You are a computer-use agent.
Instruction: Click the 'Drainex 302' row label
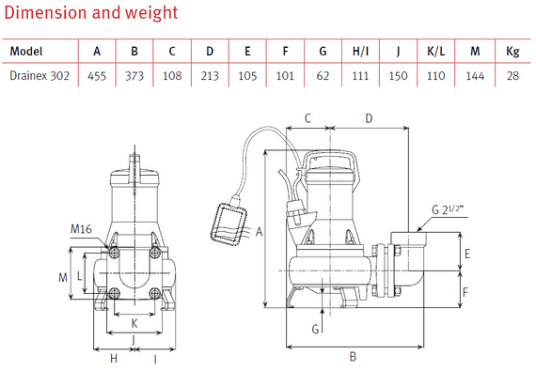(41, 74)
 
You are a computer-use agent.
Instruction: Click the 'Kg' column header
(512, 50)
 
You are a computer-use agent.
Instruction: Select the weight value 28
(512, 74)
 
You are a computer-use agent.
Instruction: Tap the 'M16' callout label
(82, 228)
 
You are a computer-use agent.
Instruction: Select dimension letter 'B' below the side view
(352, 357)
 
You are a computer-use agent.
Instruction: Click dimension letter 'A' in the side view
(260, 231)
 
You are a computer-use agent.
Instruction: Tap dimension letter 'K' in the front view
(133, 320)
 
